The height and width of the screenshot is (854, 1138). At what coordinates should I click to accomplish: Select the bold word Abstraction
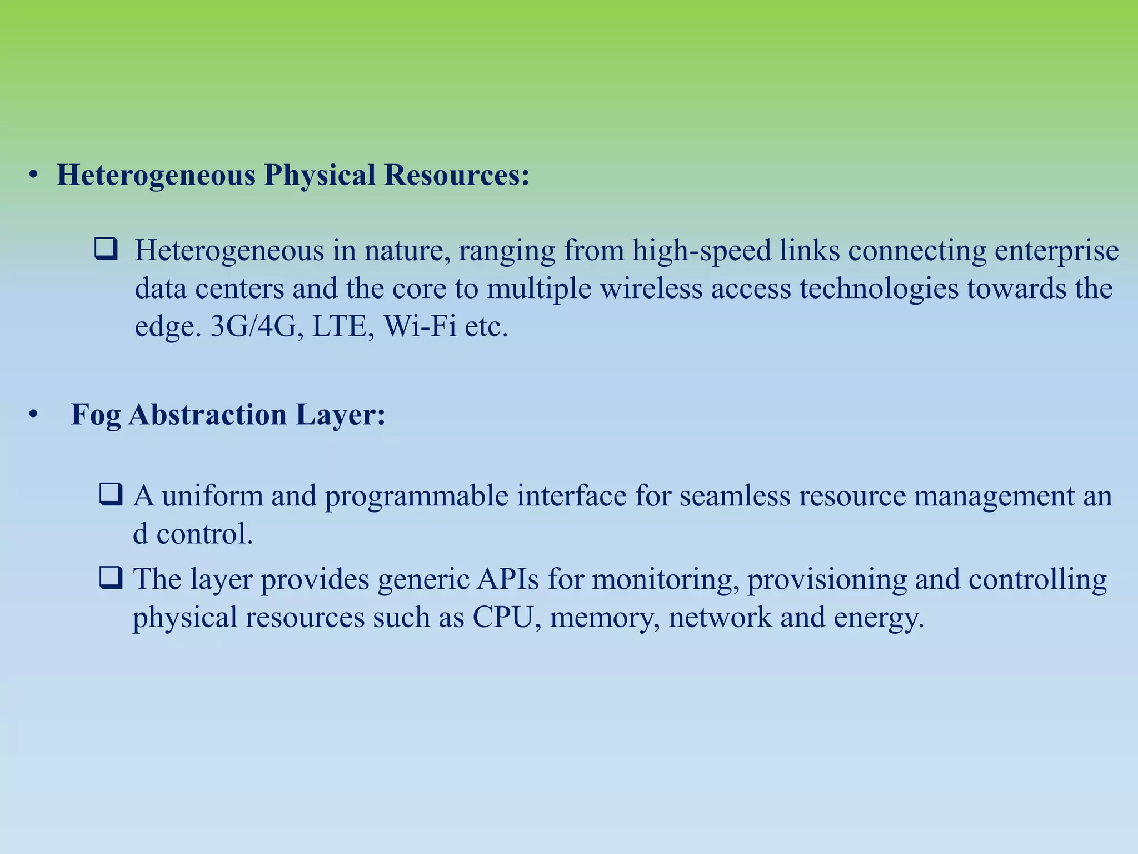click(207, 415)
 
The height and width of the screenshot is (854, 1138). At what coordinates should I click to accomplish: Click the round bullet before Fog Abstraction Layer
click(34, 415)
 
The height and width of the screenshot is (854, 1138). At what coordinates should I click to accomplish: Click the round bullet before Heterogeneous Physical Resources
click(34, 176)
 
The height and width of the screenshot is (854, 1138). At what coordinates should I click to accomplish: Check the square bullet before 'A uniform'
click(110, 494)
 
